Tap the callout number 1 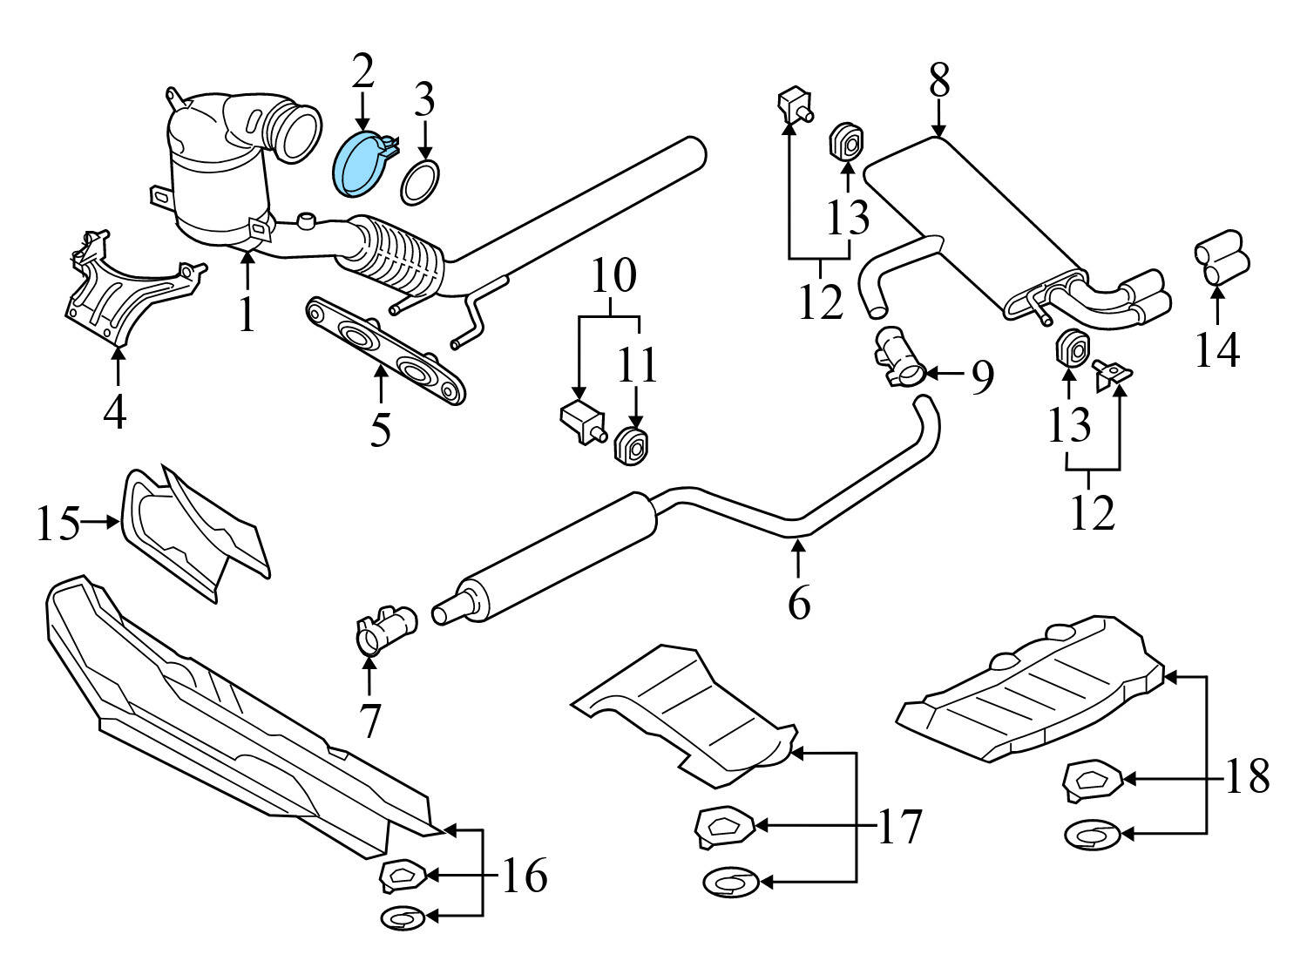[247, 315]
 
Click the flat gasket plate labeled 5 [383, 353]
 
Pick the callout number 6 [798, 602]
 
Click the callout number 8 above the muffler [938, 81]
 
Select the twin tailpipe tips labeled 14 [1221, 258]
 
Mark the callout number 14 [1216, 351]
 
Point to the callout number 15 [58, 524]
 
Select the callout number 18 [1247, 776]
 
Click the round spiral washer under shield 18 [1092, 835]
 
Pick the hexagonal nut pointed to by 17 [723, 824]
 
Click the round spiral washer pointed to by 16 [403, 917]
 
